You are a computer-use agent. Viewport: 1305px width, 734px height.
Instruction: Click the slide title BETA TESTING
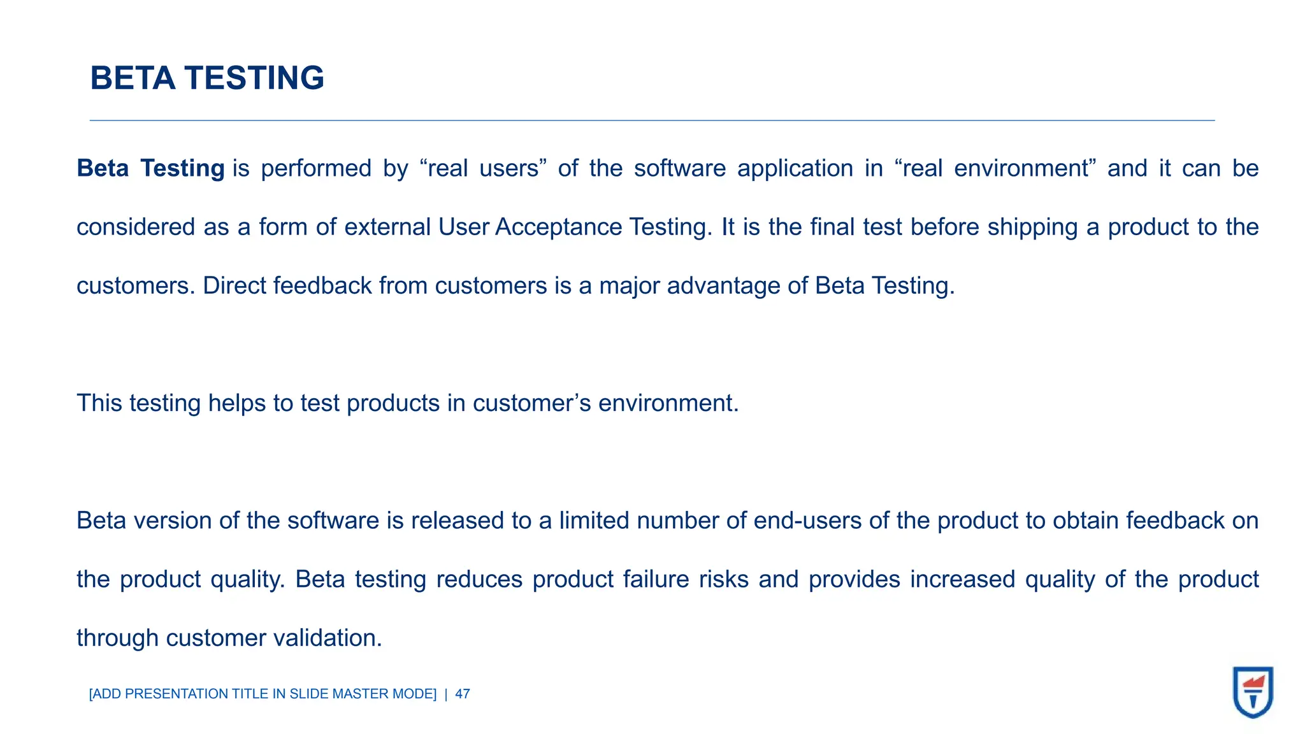pyautogui.click(x=207, y=78)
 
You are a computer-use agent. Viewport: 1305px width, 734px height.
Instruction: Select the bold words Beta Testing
pyautogui.click(x=150, y=168)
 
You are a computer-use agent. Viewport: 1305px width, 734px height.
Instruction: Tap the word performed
pyautogui.click(x=315, y=169)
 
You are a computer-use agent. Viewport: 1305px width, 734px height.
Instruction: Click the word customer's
pyautogui.click(x=531, y=403)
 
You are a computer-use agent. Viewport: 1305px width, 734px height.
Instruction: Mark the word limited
pyautogui.click(x=595, y=521)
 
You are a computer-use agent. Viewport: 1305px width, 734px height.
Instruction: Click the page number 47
pyautogui.click(x=463, y=694)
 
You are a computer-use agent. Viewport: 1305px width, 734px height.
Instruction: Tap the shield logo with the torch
pyautogui.click(x=1253, y=692)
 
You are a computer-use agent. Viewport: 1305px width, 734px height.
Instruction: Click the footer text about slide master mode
pyautogui.click(x=263, y=694)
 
